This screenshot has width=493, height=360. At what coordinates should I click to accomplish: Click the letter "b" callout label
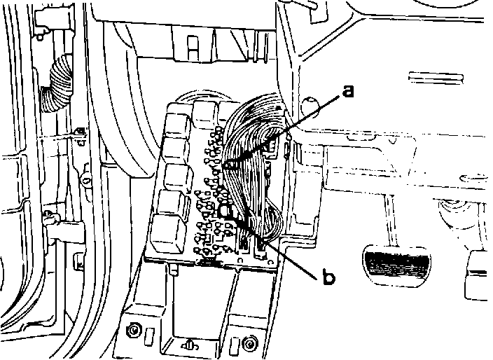[x=328, y=276]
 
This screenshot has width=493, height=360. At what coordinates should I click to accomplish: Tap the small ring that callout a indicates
[x=232, y=165]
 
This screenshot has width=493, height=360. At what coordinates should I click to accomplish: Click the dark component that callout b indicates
[x=226, y=212]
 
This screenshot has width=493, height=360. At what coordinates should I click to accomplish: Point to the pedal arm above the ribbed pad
[x=382, y=217]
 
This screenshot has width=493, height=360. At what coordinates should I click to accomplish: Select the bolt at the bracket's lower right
[x=249, y=342]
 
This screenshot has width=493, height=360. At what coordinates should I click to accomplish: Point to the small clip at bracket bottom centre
[x=190, y=345]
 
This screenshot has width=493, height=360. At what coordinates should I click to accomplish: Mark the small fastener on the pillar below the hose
[x=80, y=131]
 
